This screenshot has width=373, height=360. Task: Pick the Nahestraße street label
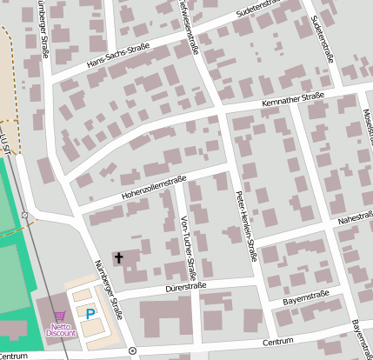[x=354, y=223]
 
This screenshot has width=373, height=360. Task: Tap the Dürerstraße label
[x=185, y=286]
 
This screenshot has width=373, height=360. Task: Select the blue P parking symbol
[x=90, y=312]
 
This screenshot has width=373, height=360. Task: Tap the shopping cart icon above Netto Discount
[x=59, y=317]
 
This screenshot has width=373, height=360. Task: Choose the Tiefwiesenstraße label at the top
[x=186, y=21]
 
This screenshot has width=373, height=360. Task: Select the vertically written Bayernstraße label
[x=362, y=338]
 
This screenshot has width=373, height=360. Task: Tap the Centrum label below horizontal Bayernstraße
[x=278, y=342]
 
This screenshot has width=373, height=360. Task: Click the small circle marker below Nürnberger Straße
[x=132, y=350]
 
